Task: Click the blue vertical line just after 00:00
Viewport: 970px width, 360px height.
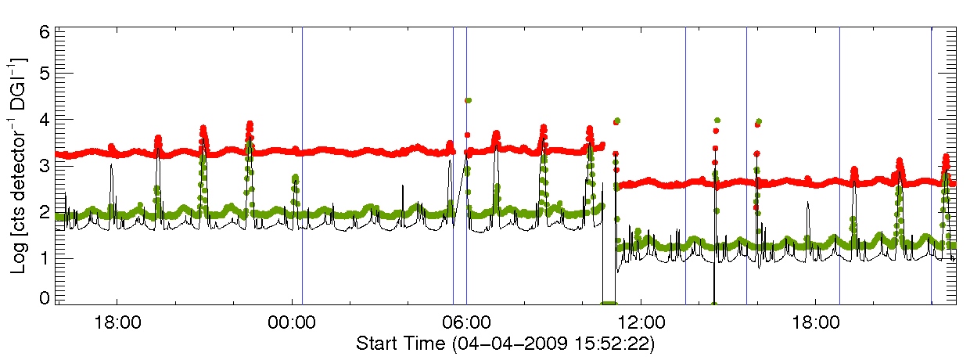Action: (302, 164)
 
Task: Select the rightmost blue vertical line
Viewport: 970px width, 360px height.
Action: (931, 164)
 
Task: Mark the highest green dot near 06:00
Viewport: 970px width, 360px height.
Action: (468, 100)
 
